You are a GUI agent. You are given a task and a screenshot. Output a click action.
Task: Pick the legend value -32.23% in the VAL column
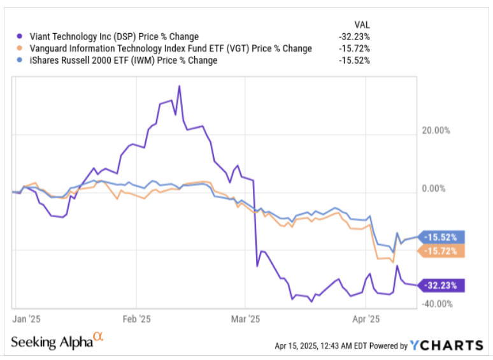point(354,36)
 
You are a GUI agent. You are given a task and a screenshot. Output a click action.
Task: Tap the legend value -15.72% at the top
point(354,48)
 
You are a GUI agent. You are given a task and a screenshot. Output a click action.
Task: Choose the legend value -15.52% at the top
point(354,61)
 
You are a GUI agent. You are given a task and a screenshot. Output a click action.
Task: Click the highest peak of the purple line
point(179,86)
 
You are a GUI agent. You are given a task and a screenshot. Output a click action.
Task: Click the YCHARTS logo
point(447,345)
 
